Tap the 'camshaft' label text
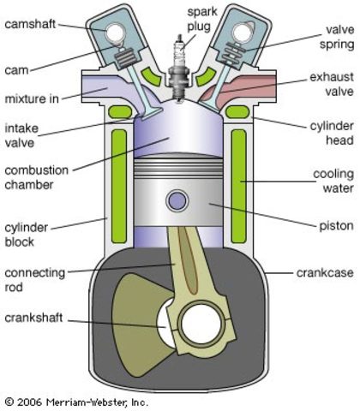[30, 24]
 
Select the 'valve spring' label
[337, 37]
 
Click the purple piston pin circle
[177, 200]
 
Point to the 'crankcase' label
[325, 272]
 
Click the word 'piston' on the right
[336, 226]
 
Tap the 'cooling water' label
[333, 181]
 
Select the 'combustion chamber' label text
[37, 177]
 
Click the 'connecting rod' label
[35, 280]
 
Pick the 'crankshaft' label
[33, 318]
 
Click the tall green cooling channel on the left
[119, 187]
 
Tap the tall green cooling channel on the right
[238, 187]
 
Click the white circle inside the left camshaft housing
[115, 33]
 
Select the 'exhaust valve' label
[332, 84]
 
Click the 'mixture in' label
[32, 98]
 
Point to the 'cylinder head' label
[332, 133]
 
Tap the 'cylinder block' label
[26, 235]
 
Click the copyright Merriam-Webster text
[76, 402]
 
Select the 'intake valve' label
[21, 135]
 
